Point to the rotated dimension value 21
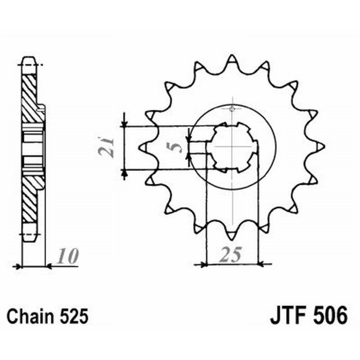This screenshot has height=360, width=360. [x=108, y=146]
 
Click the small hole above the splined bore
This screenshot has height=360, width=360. [x=232, y=109]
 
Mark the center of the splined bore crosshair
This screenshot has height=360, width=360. [x=232, y=147]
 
